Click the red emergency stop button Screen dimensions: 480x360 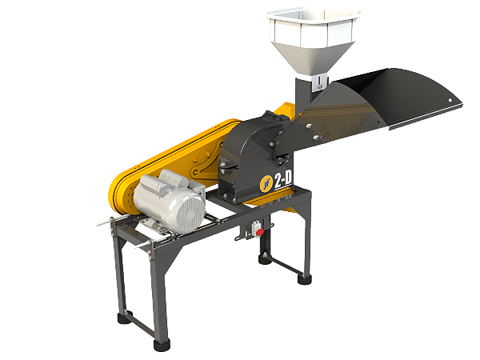pyautogui.click(x=259, y=232)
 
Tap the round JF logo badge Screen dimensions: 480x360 pyautogui.click(x=266, y=184)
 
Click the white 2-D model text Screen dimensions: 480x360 pyautogui.click(x=283, y=179)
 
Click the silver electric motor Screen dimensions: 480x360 pyautogui.click(x=170, y=201)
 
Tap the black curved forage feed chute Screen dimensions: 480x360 pyautogui.click(x=379, y=107)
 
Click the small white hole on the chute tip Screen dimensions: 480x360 pyautogui.click(x=450, y=100)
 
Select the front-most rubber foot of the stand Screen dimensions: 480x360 pyautogui.click(x=162, y=345)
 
